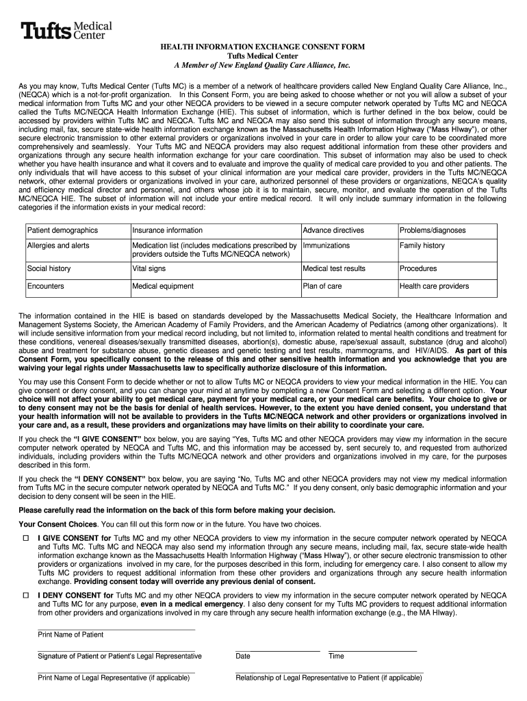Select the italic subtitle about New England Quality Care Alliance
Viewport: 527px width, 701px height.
click(263, 65)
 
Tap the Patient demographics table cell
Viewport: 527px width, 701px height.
click(77, 230)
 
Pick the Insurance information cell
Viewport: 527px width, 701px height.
click(215, 230)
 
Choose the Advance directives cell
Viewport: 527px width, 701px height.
click(348, 230)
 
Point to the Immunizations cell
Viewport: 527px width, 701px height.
click(348, 245)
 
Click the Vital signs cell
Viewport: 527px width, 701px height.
click(215, 269)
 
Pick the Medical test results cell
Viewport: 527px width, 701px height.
click(348, 269)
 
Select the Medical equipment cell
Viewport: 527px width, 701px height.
click(215, 286)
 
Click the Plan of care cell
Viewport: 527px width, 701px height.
click(348, 286)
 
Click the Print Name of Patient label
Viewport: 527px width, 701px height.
click(70, 635)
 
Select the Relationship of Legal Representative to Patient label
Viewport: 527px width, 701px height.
click(329, 678)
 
